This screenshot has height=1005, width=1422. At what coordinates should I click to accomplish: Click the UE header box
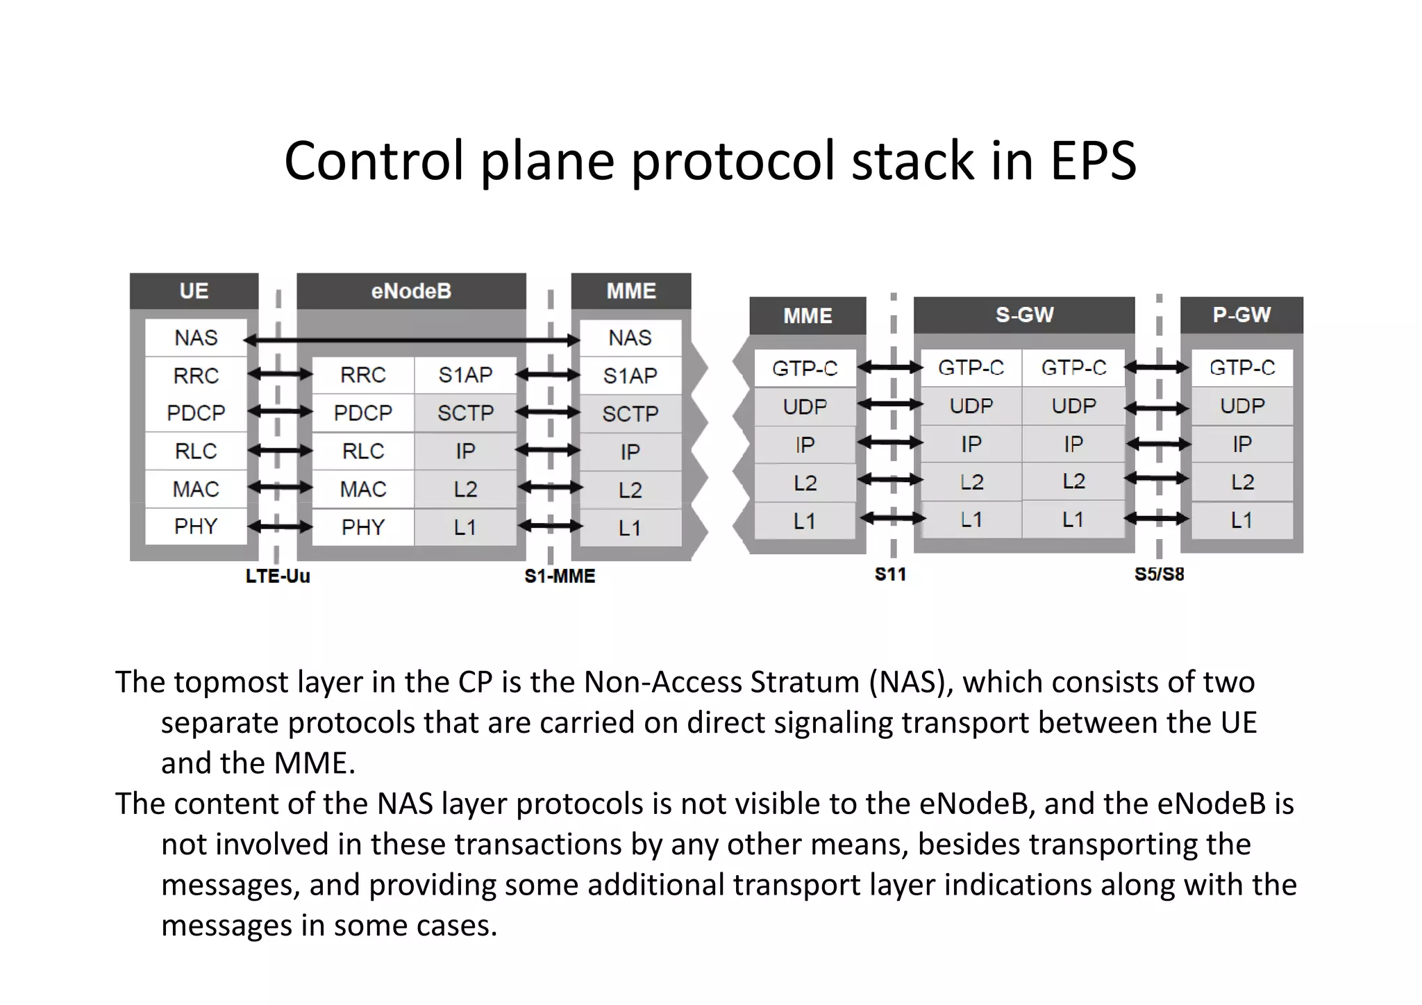194,290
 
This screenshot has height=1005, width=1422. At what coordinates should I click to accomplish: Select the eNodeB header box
411,290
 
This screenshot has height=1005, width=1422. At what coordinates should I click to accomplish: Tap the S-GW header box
1024,315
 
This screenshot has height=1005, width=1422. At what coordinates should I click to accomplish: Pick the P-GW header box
1241,315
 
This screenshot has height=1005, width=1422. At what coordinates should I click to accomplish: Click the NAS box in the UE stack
196,338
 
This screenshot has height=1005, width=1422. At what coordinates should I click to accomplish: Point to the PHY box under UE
196,526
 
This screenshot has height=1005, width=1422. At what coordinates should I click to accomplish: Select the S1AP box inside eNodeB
465,375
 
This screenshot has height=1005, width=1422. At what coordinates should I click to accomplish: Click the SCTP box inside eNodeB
465,413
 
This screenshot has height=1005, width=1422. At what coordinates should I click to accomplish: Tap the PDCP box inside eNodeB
363,413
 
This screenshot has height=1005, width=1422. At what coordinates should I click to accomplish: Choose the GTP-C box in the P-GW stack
1242,367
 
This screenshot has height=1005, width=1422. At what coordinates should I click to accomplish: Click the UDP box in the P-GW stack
1242,406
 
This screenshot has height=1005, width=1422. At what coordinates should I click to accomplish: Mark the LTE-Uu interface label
278,576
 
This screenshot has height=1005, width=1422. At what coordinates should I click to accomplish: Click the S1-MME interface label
560,576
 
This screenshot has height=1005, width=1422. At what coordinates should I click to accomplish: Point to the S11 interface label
890,574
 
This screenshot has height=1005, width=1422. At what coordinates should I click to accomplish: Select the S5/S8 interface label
1159,574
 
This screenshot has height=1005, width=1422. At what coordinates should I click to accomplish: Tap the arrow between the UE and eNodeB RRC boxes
280,375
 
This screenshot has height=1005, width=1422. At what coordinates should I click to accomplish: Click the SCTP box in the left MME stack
630,414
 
